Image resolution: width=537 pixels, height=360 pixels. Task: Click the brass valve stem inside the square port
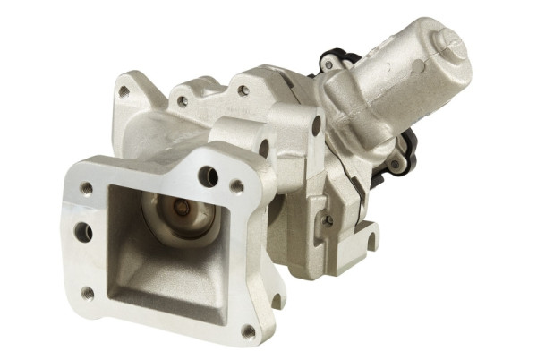(183, 210)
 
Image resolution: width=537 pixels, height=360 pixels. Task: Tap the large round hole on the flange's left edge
(82, 232)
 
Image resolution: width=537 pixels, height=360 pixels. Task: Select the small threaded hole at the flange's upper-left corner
(86, 189)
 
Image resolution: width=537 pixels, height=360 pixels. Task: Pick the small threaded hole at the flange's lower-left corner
(88, 292)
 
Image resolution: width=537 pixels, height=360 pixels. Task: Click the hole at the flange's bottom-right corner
(248, 331)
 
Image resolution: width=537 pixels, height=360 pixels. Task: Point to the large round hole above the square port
(207, 176)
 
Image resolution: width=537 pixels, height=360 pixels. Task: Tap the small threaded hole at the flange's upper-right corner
(237, 186)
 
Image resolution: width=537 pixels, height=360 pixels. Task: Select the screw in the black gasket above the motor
(328, 64)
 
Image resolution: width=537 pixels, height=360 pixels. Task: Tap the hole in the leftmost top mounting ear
(124, 91)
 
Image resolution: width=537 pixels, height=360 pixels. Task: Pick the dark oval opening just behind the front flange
(263, 149)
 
